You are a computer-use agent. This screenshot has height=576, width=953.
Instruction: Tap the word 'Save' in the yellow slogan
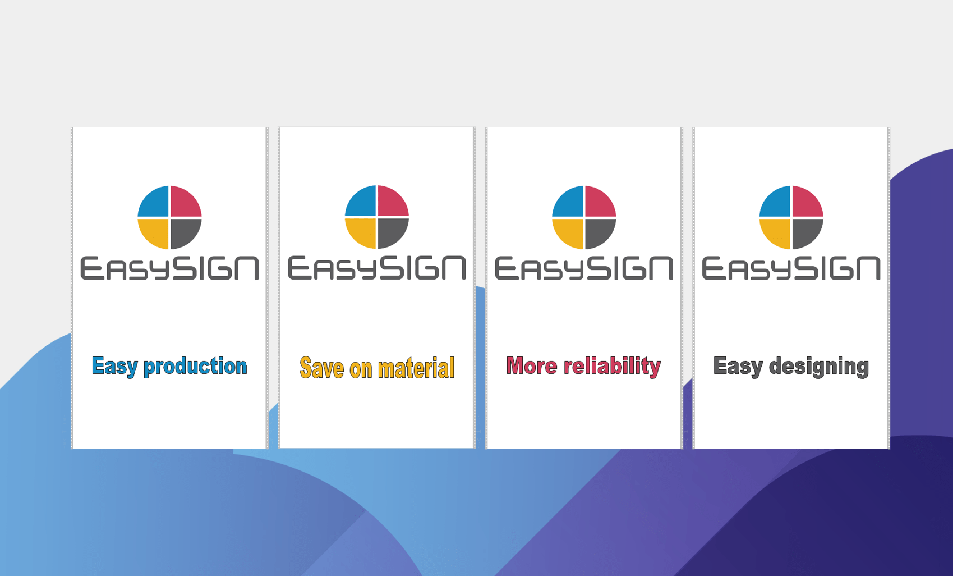point(321,368)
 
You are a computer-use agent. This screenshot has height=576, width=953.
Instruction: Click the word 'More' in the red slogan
point(532,365)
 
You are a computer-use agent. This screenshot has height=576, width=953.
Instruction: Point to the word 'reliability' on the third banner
point(612,367)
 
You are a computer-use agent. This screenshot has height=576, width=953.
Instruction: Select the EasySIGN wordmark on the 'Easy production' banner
point(169,268)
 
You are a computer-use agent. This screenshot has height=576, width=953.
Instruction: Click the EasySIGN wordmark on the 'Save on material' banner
point(376,268)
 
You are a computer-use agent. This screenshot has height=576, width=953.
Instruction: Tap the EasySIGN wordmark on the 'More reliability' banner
point(584,268)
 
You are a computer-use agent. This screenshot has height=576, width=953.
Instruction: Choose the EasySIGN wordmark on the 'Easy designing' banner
point(791,268)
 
